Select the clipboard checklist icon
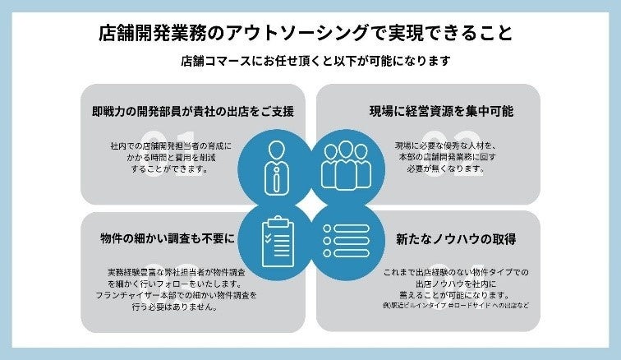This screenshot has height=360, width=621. [x=277, y=238]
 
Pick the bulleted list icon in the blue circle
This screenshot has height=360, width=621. [x=344, y=239]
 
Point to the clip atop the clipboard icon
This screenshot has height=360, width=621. [x=277, y=219]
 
